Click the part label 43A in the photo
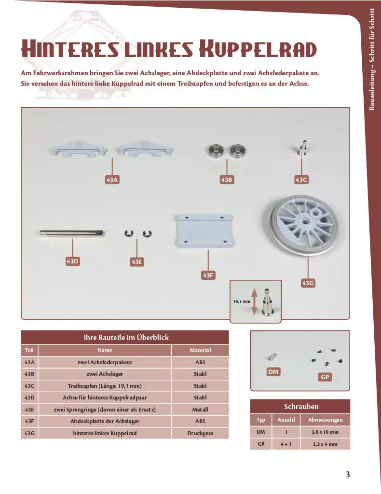point(112,180)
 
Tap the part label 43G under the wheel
point(308,283)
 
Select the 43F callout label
point(208,275)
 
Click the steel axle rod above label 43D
point(72,233)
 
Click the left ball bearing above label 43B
point(217,151)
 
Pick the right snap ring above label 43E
point(147,234)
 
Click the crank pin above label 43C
point(301,148)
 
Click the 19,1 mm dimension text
point(242,302)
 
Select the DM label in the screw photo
point(273,372)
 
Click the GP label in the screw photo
point(325,377)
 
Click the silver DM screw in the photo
point(272,357)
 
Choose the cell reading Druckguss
point(200,433)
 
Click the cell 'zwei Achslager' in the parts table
point(105,374)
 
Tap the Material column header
point(200,350)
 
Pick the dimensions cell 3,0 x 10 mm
point(325,432)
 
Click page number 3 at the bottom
point(348,475)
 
